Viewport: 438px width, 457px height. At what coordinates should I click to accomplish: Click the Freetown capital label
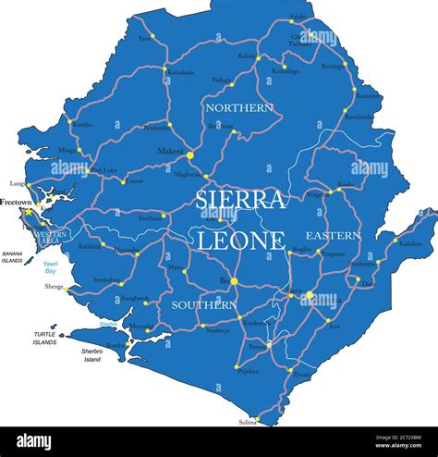(x=17, y=201)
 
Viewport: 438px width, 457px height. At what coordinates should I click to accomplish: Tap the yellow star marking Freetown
(x=29, y=212)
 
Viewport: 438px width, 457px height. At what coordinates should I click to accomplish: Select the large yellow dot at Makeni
(x=189, y=156)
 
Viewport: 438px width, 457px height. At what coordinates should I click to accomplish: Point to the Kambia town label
(x=81, y=124)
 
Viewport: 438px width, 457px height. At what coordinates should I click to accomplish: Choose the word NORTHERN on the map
(x=238, y=108)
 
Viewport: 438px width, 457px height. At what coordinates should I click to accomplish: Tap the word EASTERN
(x=333, y=235)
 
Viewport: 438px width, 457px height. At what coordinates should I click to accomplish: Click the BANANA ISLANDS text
(x=12, y=256)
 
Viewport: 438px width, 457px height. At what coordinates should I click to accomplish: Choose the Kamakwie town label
(x=180, y=71)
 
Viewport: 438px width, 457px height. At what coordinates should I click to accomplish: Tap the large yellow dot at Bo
(x=234, y=280)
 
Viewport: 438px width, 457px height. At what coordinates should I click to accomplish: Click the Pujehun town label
(x=248, y=371)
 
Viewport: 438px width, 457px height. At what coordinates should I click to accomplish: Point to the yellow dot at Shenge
(x=67, y=288)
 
